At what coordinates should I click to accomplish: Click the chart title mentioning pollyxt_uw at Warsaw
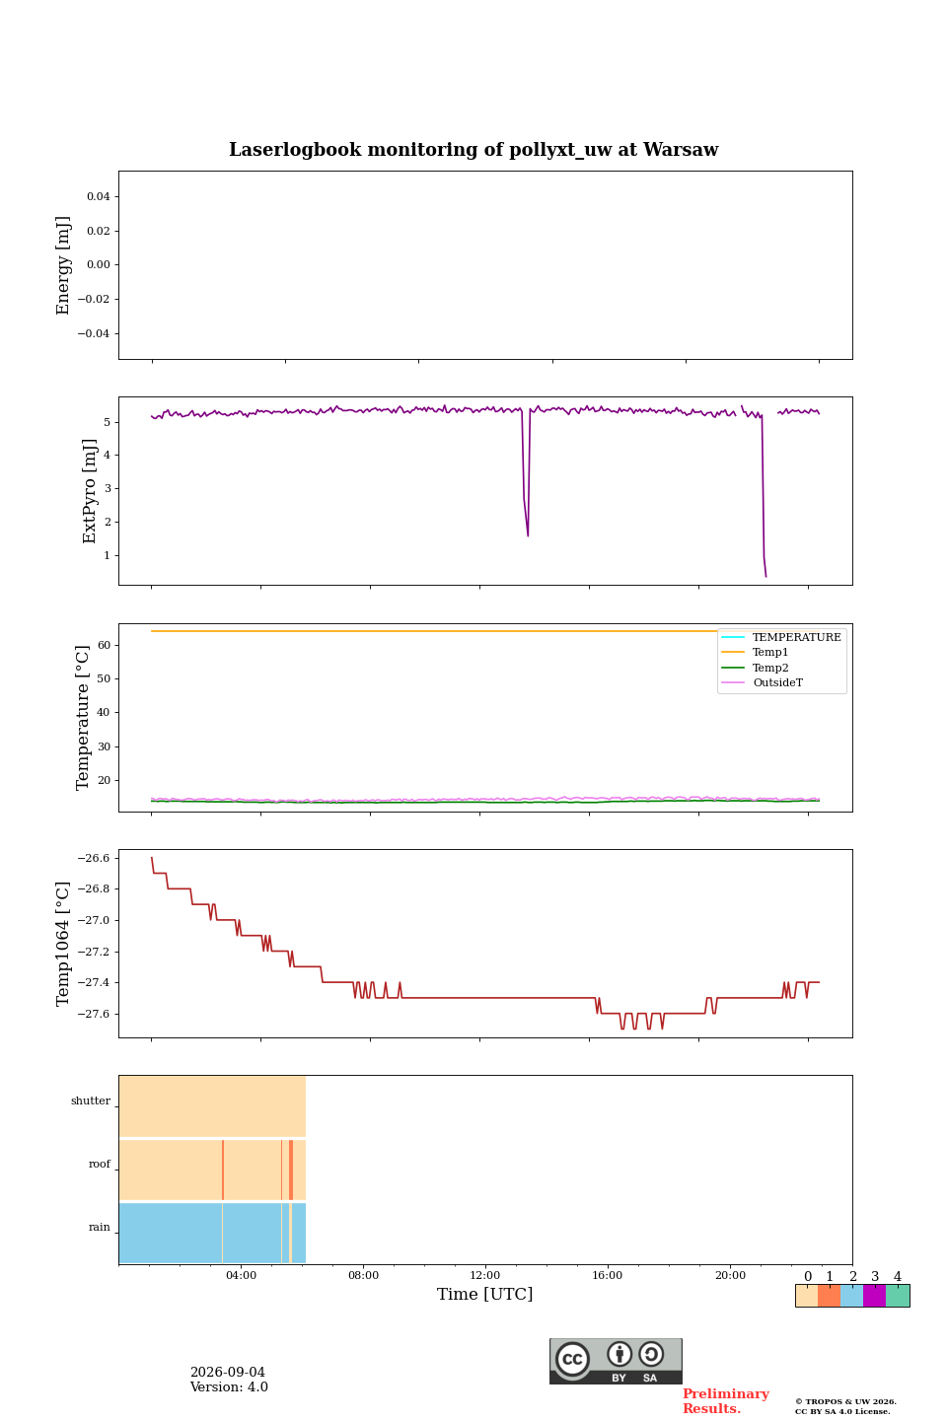click(x=473, y=150)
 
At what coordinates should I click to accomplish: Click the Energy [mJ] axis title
click(x=62, y=265)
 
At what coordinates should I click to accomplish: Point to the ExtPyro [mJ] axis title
click(x=89, y=491)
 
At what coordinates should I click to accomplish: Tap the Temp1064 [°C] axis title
click(x=62, y=944)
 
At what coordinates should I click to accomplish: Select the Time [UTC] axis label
click(x=484, y=1293)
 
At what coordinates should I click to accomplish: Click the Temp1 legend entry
click(x=770, y=652)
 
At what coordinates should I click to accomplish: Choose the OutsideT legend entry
click(x=777, y=682)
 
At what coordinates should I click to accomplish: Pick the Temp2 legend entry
click(x=770, y=668)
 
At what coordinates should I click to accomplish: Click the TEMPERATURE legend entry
click(x=796, y=637)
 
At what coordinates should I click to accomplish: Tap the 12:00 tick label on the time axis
click(x=484, y=1275)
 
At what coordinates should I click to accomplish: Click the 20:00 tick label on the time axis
click(x=730, y=1275)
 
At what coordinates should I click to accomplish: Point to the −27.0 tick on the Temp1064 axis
click(x=94, y=920)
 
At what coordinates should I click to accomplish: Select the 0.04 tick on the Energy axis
click(x=99, y=196)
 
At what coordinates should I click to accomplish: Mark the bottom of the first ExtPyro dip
click(x=528, y=535)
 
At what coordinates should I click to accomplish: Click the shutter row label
click(x=91, y=1100)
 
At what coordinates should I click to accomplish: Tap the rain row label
click(x=99, y=1227)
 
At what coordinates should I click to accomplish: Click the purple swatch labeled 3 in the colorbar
click(x=874, y=1295)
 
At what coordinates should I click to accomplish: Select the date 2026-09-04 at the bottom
click(x=228, y=1372)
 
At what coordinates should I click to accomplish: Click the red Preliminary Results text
click(x=726, y=1400)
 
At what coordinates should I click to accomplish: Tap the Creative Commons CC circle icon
click(x=572, y=1359)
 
